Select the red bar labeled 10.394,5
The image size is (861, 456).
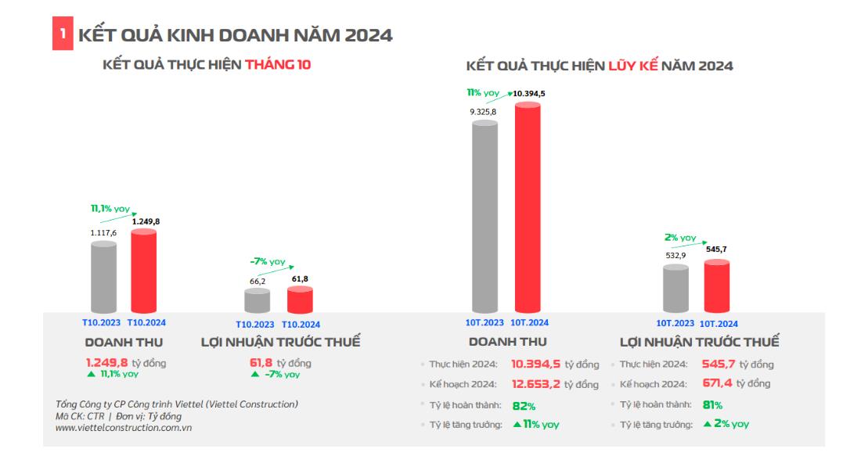528,207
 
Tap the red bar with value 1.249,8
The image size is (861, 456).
143,271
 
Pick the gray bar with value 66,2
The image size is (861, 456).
257,301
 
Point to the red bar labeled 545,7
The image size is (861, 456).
717,286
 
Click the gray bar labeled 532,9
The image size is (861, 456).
675,289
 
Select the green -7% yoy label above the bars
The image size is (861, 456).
268,261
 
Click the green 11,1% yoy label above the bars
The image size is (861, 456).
110,209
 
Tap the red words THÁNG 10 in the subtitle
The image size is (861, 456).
278,65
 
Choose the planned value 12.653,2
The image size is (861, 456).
536,384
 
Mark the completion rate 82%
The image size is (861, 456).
524,406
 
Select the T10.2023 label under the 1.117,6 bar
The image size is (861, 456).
102,322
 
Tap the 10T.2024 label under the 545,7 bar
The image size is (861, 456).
719,323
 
